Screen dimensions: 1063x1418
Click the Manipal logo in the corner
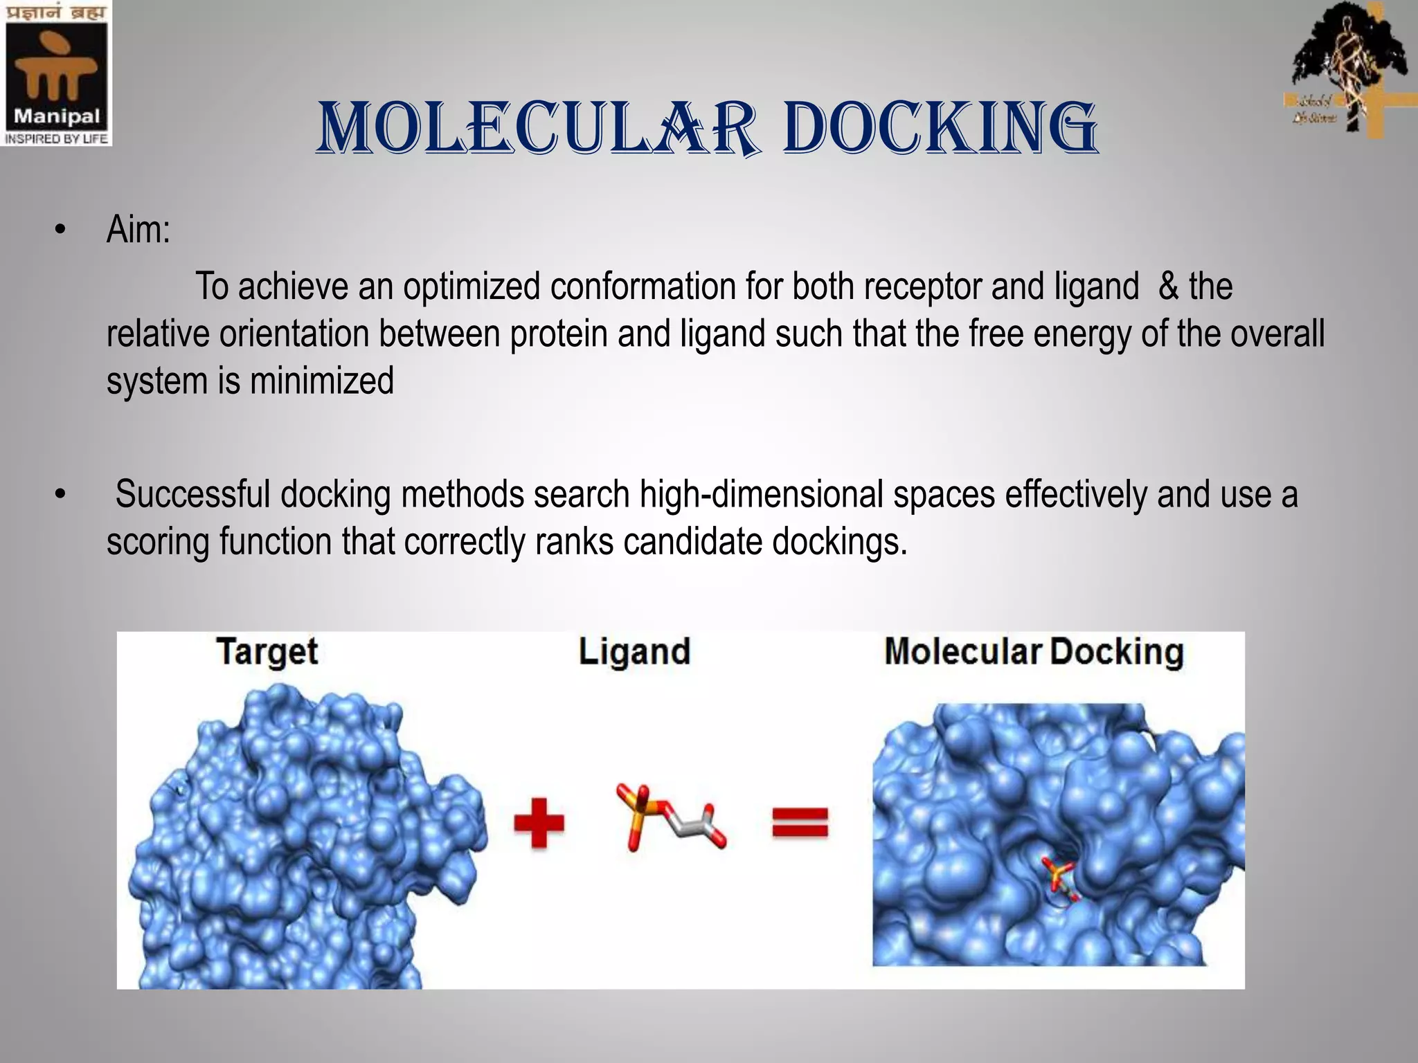(x=56, y=73)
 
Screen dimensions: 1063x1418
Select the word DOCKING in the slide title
(x=940, y=129)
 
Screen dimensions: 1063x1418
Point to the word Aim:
(x=138, y=230)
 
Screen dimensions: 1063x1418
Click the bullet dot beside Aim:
(x=61, y=230)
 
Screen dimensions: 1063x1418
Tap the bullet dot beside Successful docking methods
(x=61, y=494)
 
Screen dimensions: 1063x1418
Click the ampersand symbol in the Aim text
(x=1168, y=286)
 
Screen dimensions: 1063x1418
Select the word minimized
(x=321, y=381)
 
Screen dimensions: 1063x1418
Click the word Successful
(x=192, y=494)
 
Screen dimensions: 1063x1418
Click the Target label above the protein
(x=267, y=652)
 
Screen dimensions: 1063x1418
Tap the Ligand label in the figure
(x=634, y=652)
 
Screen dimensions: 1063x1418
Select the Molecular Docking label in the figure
(x=1034, y=652)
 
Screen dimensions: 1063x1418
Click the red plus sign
(x=539, y=823)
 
